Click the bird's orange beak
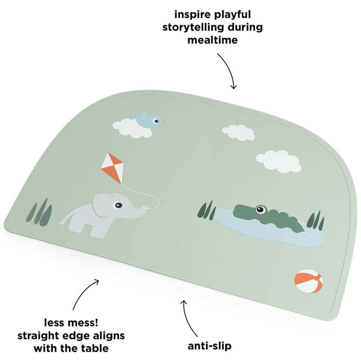(163, 123)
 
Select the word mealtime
(213, 40)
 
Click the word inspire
(193, 15)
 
